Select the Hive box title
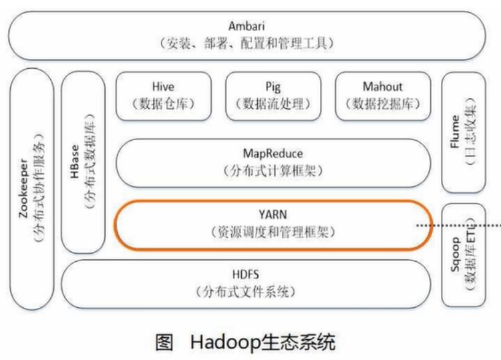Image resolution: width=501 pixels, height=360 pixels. click(163, 87)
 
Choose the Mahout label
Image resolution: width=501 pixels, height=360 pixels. click(382, 87)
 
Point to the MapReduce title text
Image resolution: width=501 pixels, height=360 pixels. click(273, 154)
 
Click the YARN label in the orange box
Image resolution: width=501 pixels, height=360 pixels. click(273, 215)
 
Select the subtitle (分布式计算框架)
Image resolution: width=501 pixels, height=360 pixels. click(273, 171)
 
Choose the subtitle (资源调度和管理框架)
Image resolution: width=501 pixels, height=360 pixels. click(273, 232)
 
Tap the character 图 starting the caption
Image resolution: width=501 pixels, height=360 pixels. click(165, 343)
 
